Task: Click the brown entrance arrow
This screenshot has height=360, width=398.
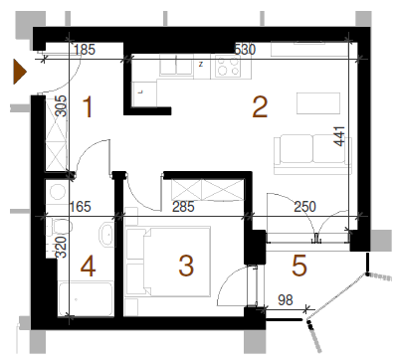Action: point(19,72)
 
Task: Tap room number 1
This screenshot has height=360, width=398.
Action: point(88,106)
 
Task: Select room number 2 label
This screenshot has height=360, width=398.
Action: point(260,106)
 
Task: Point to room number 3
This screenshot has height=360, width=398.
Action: point(186,266)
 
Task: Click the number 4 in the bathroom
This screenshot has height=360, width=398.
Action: point(89,267)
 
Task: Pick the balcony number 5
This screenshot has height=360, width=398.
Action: point(299,266)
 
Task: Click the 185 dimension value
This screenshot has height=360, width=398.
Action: point(85,50)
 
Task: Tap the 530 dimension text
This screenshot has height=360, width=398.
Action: point(245,50)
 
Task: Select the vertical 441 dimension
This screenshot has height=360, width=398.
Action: point(339,136)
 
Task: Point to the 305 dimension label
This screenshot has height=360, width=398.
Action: point(61,106)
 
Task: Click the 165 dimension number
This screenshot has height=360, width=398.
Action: point(80,207)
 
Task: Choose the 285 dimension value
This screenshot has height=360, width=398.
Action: point(183,207)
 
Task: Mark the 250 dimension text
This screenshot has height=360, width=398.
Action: point(304,207)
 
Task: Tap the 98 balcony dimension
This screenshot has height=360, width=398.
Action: point(286,300)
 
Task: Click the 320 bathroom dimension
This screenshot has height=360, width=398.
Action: point(61,248)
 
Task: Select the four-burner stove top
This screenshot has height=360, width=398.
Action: point(228,66)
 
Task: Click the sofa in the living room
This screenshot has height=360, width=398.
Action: point(312,154)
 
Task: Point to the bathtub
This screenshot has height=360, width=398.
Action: point(86,299)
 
